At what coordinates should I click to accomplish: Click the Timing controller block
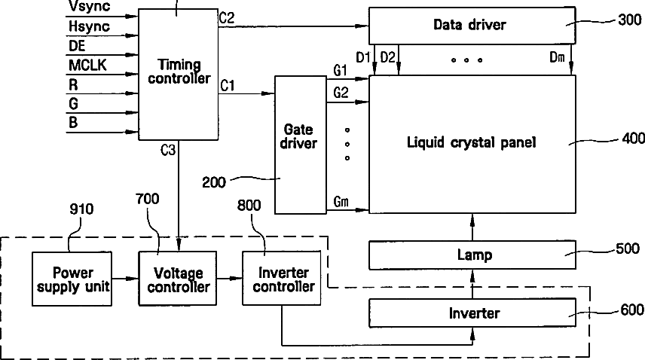[178, 75]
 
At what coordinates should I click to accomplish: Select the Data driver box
[472, 26]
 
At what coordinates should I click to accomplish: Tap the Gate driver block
[301, 145]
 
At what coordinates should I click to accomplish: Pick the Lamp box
[472, 255]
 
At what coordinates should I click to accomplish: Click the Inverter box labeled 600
[472, 313]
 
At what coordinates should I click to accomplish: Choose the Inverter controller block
[282, 278]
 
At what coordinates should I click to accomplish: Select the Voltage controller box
[178, 278]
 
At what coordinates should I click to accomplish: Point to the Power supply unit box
[72, 279]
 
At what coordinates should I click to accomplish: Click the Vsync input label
[89, 6]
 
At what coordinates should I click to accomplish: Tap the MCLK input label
[87, 65]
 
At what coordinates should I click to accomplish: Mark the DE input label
[77, 46]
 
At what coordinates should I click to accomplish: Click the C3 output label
[168, 150]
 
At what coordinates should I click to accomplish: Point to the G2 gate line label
[341, 93]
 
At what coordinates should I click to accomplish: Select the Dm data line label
[557, 57]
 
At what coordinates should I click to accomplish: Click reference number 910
[81, 209]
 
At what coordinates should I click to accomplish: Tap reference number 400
[634, 138]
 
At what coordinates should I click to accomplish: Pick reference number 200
[214, 182]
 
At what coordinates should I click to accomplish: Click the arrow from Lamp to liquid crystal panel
[472, 227]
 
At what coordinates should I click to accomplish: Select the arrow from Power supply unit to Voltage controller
[125, 279]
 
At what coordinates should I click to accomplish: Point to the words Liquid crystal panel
[472, 142]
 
